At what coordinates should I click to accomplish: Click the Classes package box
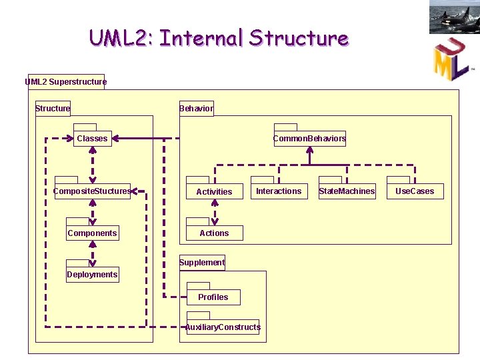click(x=93, y=139)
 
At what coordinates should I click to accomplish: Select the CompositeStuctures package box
click(x=93, y=191)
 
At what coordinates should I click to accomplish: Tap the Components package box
click(x=93, y=233)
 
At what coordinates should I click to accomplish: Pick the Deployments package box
click(x=93, y=274)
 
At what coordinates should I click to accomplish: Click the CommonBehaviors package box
click(x=310, y=139)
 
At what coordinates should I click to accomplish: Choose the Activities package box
click(x=215, y=191)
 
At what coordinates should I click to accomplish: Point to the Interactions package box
click(x=279, y=191)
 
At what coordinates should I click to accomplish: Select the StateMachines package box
click(x=347, y=191)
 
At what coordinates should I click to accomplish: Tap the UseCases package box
click(x=415, y=191)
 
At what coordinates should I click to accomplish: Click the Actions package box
click(x=215, y=233)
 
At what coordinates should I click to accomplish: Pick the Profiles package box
click(x=213, y=297)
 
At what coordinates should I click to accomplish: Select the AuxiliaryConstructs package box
click(x=223, y=327)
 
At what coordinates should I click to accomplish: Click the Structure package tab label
click(x=53, y=109)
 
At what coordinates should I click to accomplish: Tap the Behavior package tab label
click(x=197, y=109)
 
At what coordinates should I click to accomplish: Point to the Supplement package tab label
click(x=202, y=263)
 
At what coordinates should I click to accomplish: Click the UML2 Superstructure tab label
click(x=66, y=82)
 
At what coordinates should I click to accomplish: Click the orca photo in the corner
click(x=455, y=17)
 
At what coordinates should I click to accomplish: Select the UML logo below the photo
click(x=452, y=59)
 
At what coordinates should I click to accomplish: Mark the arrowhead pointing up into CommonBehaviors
click(x=310, y=150)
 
